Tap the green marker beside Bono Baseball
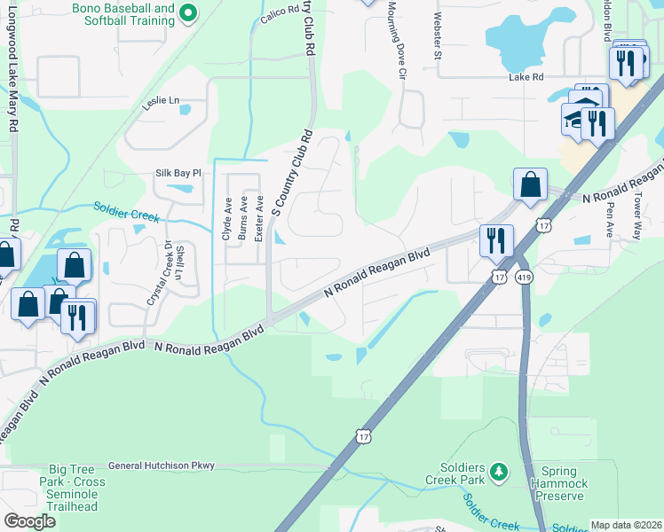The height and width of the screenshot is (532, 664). click(x=188, y=12)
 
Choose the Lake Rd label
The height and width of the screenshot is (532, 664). click(x=526, y=77)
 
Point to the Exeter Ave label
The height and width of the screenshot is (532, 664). click(x=259, y=218)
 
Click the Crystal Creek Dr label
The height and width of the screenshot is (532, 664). click(x=166, y=273)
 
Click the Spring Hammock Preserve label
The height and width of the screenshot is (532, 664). click(x=559, y=484)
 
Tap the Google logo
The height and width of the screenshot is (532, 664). click(x=28, y=521)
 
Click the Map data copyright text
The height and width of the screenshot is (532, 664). click(x=625, y=525)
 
